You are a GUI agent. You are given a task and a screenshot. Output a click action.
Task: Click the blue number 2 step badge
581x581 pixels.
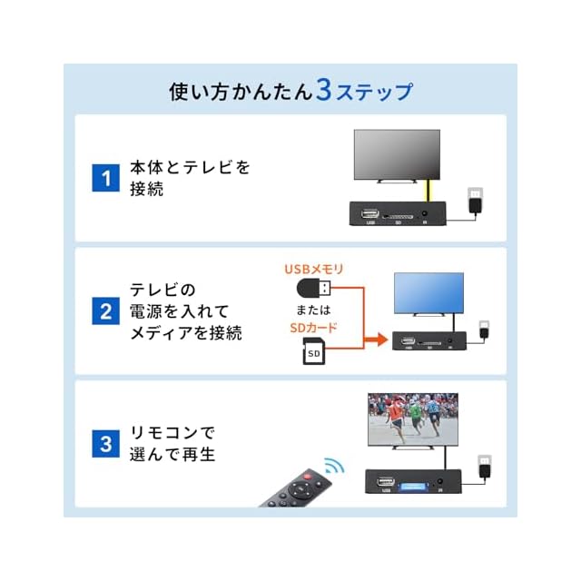(107, 311)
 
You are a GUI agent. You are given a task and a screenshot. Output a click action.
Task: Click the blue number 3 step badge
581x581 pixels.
(107, 444)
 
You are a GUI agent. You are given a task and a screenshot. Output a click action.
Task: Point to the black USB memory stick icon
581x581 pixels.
(314, 289)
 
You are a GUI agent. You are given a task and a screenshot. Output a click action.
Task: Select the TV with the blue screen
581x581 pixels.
(428, 293)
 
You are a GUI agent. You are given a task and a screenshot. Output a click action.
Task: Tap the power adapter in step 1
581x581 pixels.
(474, 201)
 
